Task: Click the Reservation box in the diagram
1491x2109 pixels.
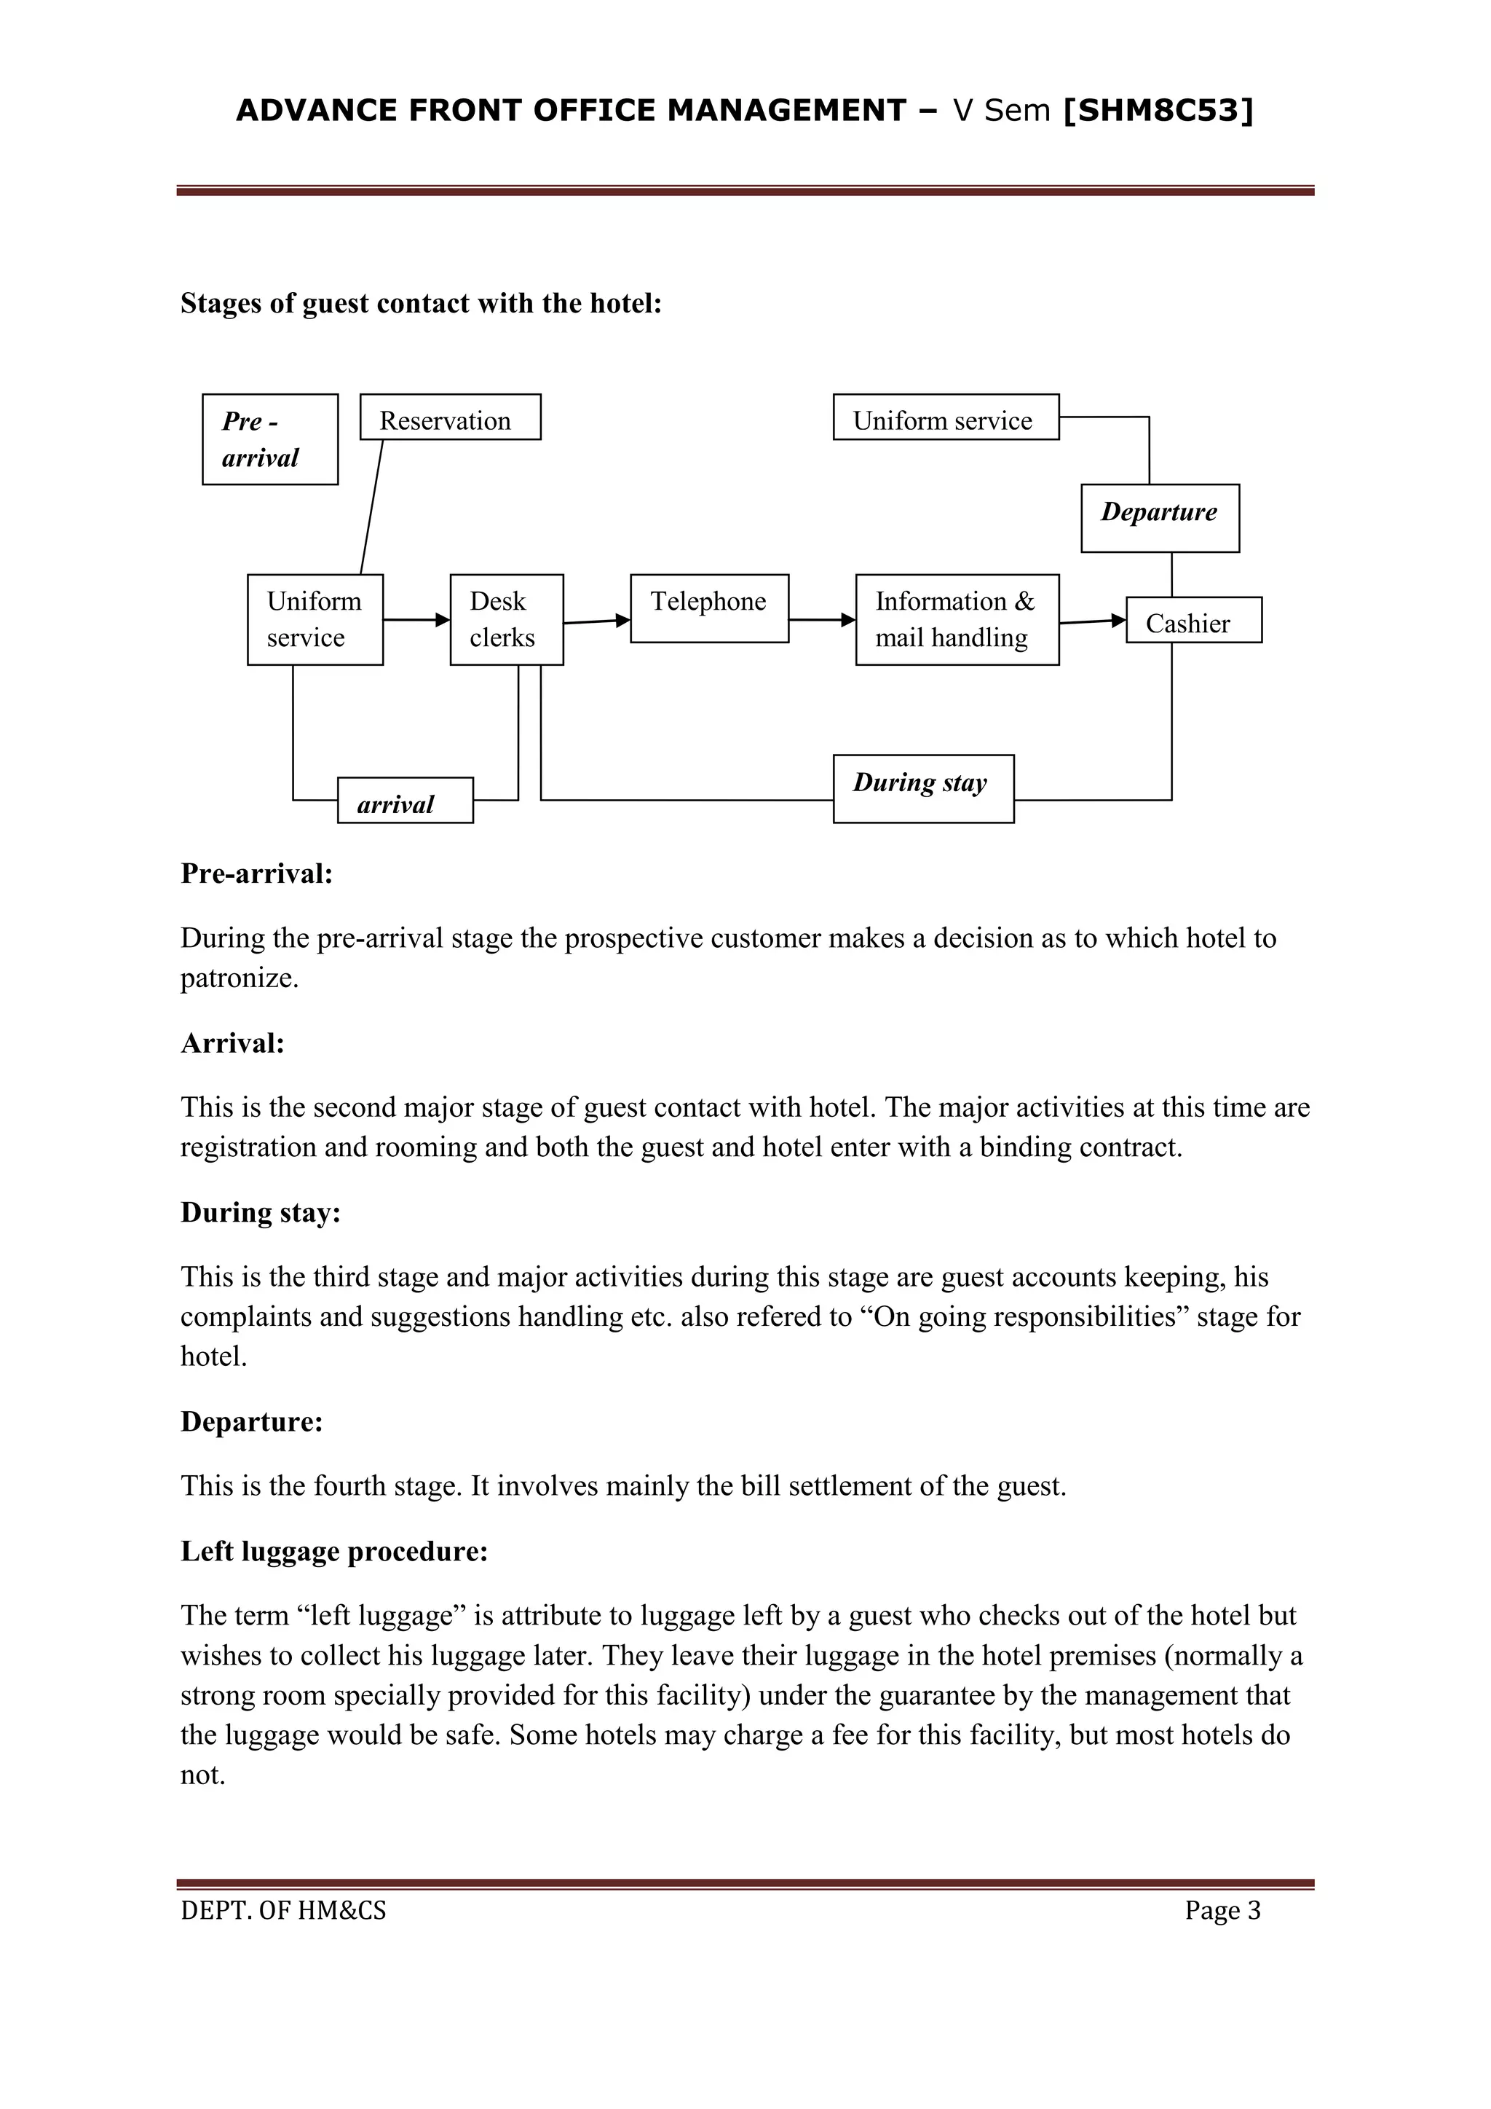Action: (x=450, y=417)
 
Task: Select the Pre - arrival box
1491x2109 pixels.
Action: (x=270, y=439)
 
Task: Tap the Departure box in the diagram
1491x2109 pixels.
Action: (x=1160, y=518)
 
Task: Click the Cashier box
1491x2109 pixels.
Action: (x=1193, y=620)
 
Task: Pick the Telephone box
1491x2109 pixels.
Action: (x=709, y=608)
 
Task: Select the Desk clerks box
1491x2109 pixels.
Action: (x=507, y=619)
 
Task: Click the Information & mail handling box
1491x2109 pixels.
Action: (x=957, y=619)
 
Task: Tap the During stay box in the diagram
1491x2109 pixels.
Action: (x=922, y=788)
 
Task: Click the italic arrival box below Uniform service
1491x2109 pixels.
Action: (x=405, y=800)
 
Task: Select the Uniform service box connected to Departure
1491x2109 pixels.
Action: (x=946, y=417)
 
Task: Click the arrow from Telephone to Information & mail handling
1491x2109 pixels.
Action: (x=822, y=620)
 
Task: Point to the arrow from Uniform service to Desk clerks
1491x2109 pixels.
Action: (x=416, y=620)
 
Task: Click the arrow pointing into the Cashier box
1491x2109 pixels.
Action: (x=1093, y=622)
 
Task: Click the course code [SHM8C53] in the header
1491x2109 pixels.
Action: (x=1158, y=110)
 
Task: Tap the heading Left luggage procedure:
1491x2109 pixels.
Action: (x=334, y=1552)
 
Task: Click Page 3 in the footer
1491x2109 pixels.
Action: (x=1222, y=1911)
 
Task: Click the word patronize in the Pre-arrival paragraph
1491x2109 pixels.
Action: (x=239, y=978)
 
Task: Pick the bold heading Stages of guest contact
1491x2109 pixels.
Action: (x=421, y=303)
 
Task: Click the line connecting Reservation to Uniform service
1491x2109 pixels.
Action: (x=371, y=507)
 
